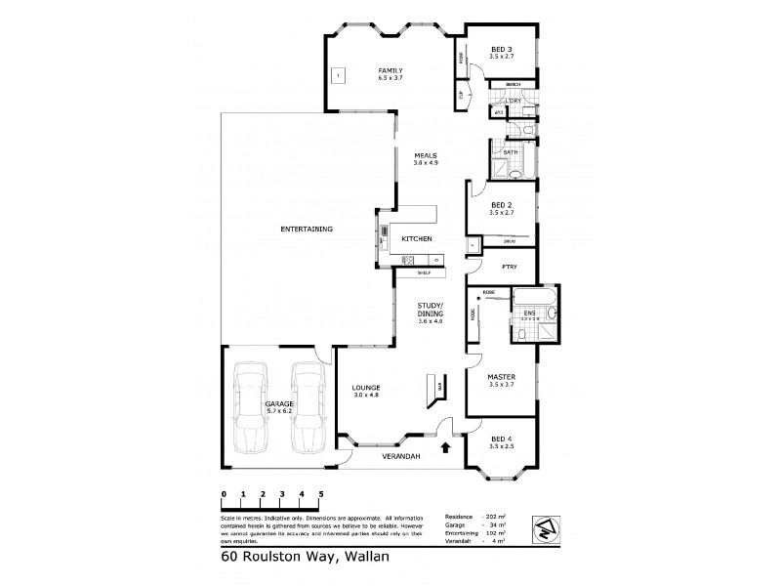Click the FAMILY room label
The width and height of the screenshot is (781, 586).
[x=390, y=70]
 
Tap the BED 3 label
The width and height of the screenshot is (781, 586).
[x=500, y=49]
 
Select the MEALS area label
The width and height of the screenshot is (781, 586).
[x=425, y=155]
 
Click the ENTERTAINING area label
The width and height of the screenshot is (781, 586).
[x=307, y=229]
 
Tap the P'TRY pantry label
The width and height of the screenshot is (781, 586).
[x=509, y=267]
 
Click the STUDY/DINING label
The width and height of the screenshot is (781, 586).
[x=431, y=310]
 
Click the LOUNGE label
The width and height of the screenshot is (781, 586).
[x=366, y=388]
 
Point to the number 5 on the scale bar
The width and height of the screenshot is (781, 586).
[x=320, y=494]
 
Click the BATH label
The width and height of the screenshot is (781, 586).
[x=510, y=153]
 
